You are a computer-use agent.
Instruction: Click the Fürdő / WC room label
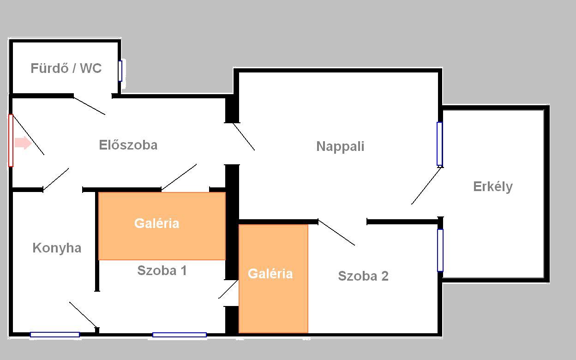pos(66,68)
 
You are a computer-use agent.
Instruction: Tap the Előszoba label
pos(128,145)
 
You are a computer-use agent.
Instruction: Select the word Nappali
pos(340,147)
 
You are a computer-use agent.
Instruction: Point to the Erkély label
pos(493,187)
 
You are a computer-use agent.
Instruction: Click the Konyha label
pos(57,248)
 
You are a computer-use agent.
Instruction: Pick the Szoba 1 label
pos(162,270)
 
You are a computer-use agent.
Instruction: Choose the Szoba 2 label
pos(363,276)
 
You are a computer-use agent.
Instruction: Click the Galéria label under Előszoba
pos(156,223)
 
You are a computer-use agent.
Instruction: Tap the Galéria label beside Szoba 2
pos(270,274)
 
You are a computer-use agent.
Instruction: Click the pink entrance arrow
pos(23,143)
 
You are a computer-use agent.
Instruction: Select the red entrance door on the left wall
pos(11,141)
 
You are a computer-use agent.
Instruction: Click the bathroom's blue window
pos(120,71)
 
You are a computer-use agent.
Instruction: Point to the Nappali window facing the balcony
pos(440,144)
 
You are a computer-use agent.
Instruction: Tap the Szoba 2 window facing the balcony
pos(440,250)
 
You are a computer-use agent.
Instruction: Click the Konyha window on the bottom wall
pos(55,335)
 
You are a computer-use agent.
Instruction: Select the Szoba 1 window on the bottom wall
pos(180,335)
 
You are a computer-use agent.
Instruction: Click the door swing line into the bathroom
pos(89,106)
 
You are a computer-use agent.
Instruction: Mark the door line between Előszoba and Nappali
pos(244,137)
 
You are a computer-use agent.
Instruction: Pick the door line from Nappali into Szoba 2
pos(336,233)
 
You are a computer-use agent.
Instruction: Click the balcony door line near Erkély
pos(426,186)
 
